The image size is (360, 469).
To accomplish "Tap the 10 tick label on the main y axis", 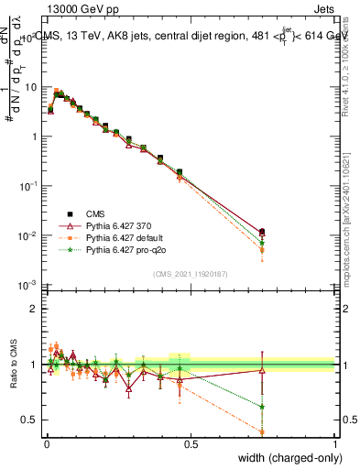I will point(31,87).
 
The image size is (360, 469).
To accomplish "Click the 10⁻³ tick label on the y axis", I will point(27,285).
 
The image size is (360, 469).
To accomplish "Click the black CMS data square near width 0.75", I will point(262,232).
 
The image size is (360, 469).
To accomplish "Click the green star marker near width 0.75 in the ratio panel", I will point(262,407).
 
